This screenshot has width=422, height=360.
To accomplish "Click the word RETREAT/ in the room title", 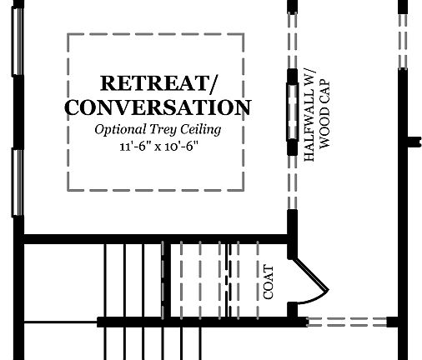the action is tap(158, 83).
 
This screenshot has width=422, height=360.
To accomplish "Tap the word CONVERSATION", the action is tap(158, 107).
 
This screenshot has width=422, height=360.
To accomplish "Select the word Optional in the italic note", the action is tap(120, 130).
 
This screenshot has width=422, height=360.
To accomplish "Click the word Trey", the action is tap(163, 130).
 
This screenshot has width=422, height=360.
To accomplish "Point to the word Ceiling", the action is tap(201, 130).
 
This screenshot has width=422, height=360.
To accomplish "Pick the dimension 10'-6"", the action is tap(181, 146).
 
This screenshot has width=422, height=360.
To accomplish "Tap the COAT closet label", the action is tap(269, 282).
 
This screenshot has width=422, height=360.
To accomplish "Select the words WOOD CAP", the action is tap(324, 114).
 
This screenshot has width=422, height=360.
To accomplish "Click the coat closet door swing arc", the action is tap(314, 298).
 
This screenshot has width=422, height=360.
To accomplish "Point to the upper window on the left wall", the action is tap(18, 42).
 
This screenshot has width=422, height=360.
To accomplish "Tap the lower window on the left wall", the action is tap(18, 182).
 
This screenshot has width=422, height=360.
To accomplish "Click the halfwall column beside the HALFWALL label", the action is tap(292, 112).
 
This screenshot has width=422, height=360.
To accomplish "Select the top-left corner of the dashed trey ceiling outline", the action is tap(68, 34).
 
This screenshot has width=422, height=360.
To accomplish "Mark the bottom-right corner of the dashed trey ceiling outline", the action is tap(244, 190).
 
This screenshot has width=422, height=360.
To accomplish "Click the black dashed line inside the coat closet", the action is tap(229, 280).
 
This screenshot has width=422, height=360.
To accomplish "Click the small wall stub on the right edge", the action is tap(414, 142).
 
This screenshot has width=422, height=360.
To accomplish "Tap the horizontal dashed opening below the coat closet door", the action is tap(347, 322).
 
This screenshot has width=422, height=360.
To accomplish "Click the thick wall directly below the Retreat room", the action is tap(156, 239).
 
